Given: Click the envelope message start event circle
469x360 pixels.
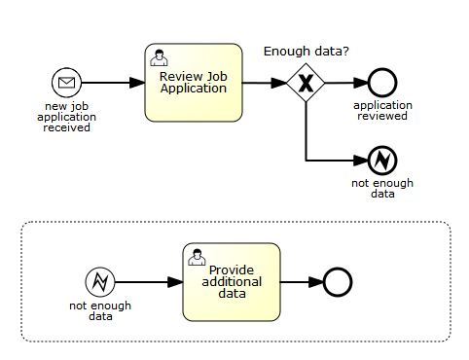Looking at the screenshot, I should tap(66, 83).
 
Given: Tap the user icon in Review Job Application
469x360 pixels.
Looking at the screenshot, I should tap(159, 56).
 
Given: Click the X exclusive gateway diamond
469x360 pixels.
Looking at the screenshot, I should tap(307, 83).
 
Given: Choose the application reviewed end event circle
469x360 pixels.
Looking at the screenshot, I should tap(380, 83).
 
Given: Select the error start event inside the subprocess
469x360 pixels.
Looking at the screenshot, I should tap(99, 282).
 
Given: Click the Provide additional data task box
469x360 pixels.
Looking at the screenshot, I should tap(232, 282).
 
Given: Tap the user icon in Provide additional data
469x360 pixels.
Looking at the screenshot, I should tap(198, 256).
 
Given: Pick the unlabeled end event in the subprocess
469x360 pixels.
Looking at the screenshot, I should tap(337, 282).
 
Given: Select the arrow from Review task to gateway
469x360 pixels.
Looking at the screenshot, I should tap(263, 83).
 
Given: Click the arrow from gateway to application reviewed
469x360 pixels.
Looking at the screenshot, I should tap(343, 83).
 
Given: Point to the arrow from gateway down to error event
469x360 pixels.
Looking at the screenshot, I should tap(307, 136).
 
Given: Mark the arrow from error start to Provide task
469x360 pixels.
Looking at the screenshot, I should tap(148, 282).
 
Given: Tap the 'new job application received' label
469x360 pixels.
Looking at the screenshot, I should tap(67, 116).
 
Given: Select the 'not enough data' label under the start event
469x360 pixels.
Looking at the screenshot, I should tap(99, 310).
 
